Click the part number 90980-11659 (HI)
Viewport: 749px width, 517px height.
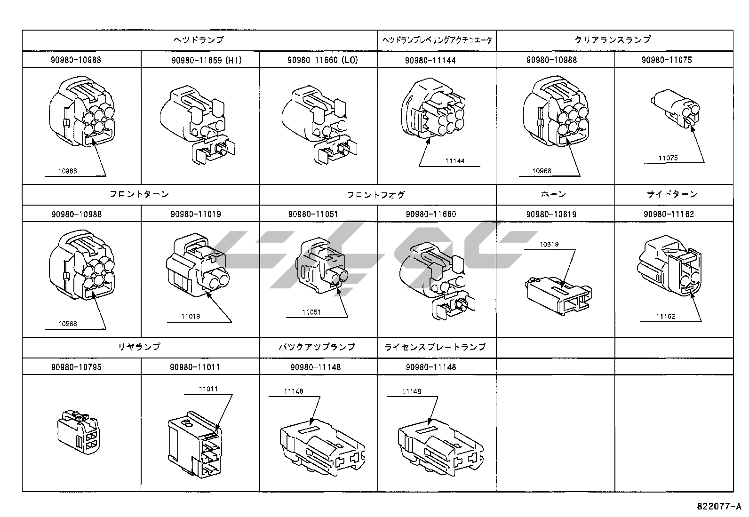point(207,60)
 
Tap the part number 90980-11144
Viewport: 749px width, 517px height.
point(430,60)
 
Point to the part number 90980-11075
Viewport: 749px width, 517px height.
point(667,60)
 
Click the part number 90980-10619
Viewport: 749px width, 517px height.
point(551,214)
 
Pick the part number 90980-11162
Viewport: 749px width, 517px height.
point(669,214)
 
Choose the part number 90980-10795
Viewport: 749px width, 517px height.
point(76,367)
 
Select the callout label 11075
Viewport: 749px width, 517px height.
point(668,159)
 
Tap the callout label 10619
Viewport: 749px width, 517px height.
point(549,244)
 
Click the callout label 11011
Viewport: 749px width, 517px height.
point(208,389)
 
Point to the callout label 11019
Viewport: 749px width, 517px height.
point(191,317)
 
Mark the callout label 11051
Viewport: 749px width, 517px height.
point(311,312)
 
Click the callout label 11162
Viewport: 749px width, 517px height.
point(666,317)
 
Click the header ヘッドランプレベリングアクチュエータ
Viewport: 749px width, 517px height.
point(437,40)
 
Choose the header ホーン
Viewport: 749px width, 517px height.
point(553,194)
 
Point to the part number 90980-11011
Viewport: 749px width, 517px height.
point(195,367)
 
